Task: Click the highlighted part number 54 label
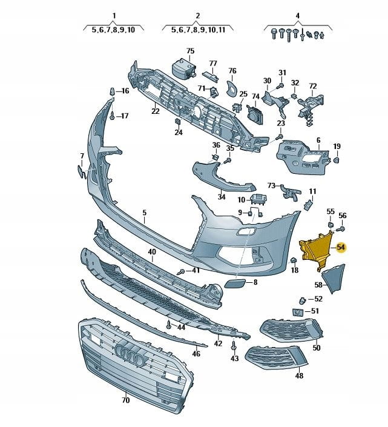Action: coord(341,247)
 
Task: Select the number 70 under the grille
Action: coord(125,400)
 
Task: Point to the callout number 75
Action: coord(190,51)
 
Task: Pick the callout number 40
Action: coord(151,252)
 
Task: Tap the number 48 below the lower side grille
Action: coord(299,376)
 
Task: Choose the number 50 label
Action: coord(316,348)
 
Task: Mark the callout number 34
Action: coord(222,196)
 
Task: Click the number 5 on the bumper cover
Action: coord(145,213)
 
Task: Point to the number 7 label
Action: coord(82,156)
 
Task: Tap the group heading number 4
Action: coord(297,15)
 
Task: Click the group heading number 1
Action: coord(114,15)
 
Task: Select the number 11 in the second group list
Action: coord(222,29)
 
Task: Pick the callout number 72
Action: coord(313,86)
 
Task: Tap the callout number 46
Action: coord(196,353)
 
